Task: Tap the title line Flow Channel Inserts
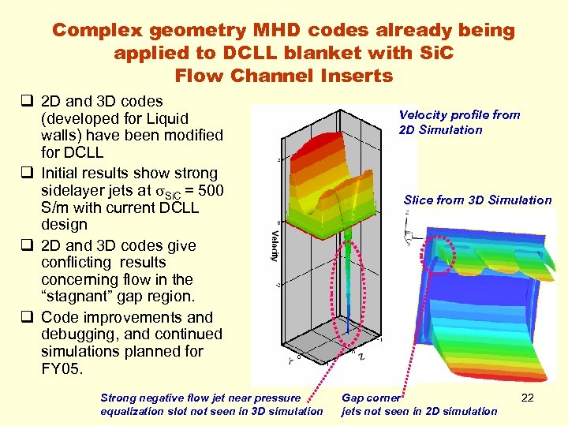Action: pos(283,76)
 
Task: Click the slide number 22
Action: pos(528,398)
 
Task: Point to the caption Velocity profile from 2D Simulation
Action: pos(459,122)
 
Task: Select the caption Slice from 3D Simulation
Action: pos(477,200)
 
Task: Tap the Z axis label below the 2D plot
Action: pos(361,356)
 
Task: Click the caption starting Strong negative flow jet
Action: pos(211,404)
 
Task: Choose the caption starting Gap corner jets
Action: pos(419,404)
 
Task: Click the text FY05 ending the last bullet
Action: pos(61,368)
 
